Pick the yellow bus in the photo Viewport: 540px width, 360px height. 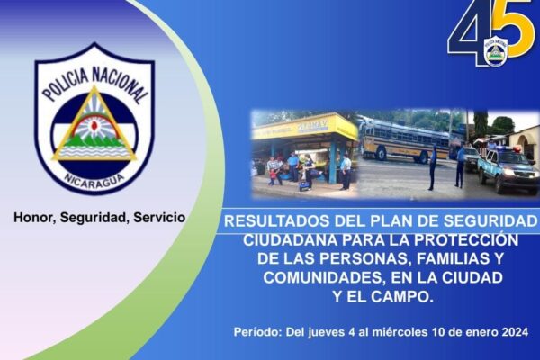pyautogui.click(x=403, y=141)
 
